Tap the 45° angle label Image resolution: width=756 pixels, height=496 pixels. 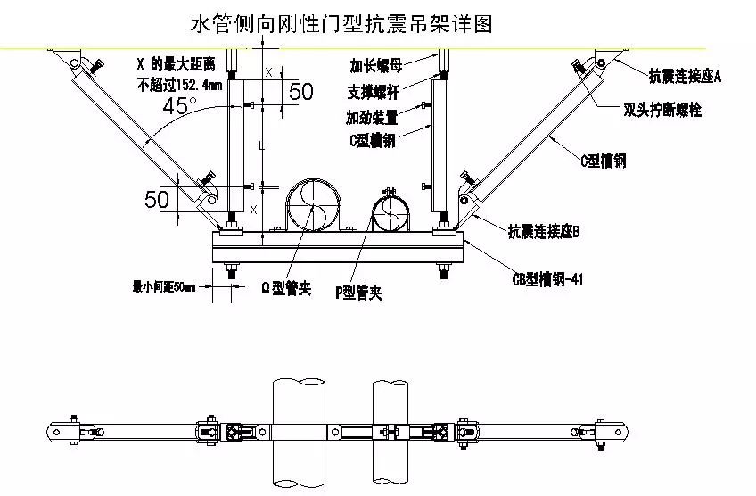pyautogui.click(x=182, y=106)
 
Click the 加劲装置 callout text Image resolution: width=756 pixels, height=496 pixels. pyautogui.click(x=372, y=117)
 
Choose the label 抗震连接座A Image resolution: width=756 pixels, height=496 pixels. pyautogui.click(x=684, y=78)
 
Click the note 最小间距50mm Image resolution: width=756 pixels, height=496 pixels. pyautogui.click(x=163, y=286)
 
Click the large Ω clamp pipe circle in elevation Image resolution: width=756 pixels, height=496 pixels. pyautogui.click(x=313, y=205)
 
